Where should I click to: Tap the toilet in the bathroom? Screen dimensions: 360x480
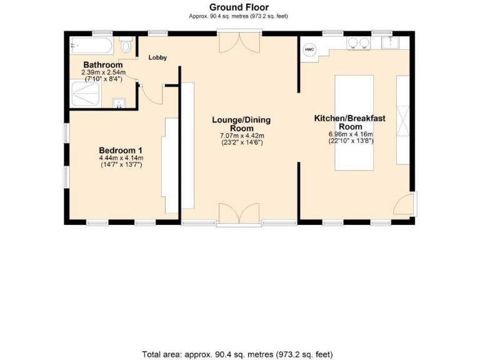pos(127,45)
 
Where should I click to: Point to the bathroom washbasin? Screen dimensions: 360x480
pos(118,102)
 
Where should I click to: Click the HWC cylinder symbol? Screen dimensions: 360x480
pos(309,49)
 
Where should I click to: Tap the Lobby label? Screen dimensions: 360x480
pos(157,57)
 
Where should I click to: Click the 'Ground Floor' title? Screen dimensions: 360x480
pos(239,7)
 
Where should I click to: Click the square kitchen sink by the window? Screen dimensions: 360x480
pos(392,42)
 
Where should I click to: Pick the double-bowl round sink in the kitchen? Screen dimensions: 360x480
pos(357,43)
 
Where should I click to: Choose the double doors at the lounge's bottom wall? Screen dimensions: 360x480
pos(240,214)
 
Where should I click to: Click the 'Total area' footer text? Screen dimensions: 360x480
pos(240,354)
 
